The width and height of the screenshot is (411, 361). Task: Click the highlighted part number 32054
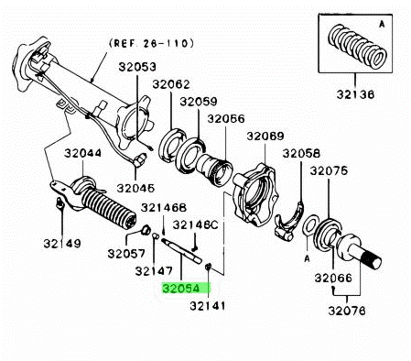(x=186, y=287)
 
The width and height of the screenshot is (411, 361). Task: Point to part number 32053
(x=134, y=67)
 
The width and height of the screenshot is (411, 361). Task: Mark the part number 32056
(x=226, y=118)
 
